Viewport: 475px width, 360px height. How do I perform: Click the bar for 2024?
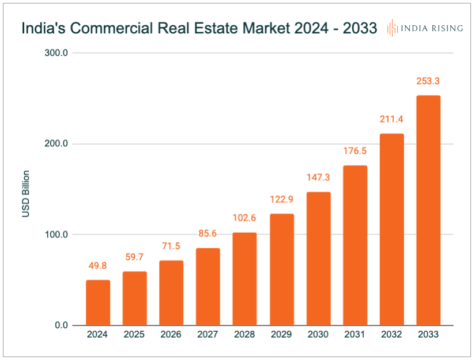click(x=98, y=302)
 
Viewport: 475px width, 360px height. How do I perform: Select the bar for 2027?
click(x=208, y=286)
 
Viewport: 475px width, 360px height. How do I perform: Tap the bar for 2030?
click(x=318, y=259)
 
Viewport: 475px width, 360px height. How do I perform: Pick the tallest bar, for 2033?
click(x=428, y=210)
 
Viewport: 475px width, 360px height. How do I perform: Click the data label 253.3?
click(x=428, y=81)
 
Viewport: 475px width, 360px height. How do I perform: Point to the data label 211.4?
click(x=391, y=119)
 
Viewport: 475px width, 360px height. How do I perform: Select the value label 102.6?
click(x=244, y=218)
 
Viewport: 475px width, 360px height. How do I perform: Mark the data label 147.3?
click(x=318, y=177)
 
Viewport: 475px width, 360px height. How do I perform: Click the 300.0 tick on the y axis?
click(x=56, y=53)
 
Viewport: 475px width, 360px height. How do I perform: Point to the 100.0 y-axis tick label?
click(x=56, y=234)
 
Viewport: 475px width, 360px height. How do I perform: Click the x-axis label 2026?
click(x=171, y=335)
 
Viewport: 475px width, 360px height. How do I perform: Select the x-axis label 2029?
click(x=281, y=335)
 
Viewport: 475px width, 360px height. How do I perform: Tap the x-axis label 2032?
click(x=391, y=335)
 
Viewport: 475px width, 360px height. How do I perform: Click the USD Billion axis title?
click(x=26, y=194)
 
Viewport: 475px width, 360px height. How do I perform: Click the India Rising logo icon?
click(x=392, y=28)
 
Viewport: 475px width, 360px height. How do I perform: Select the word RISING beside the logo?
click(x=446, y=28)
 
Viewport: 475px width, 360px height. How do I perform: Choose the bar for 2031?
click(x=355, y=245)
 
